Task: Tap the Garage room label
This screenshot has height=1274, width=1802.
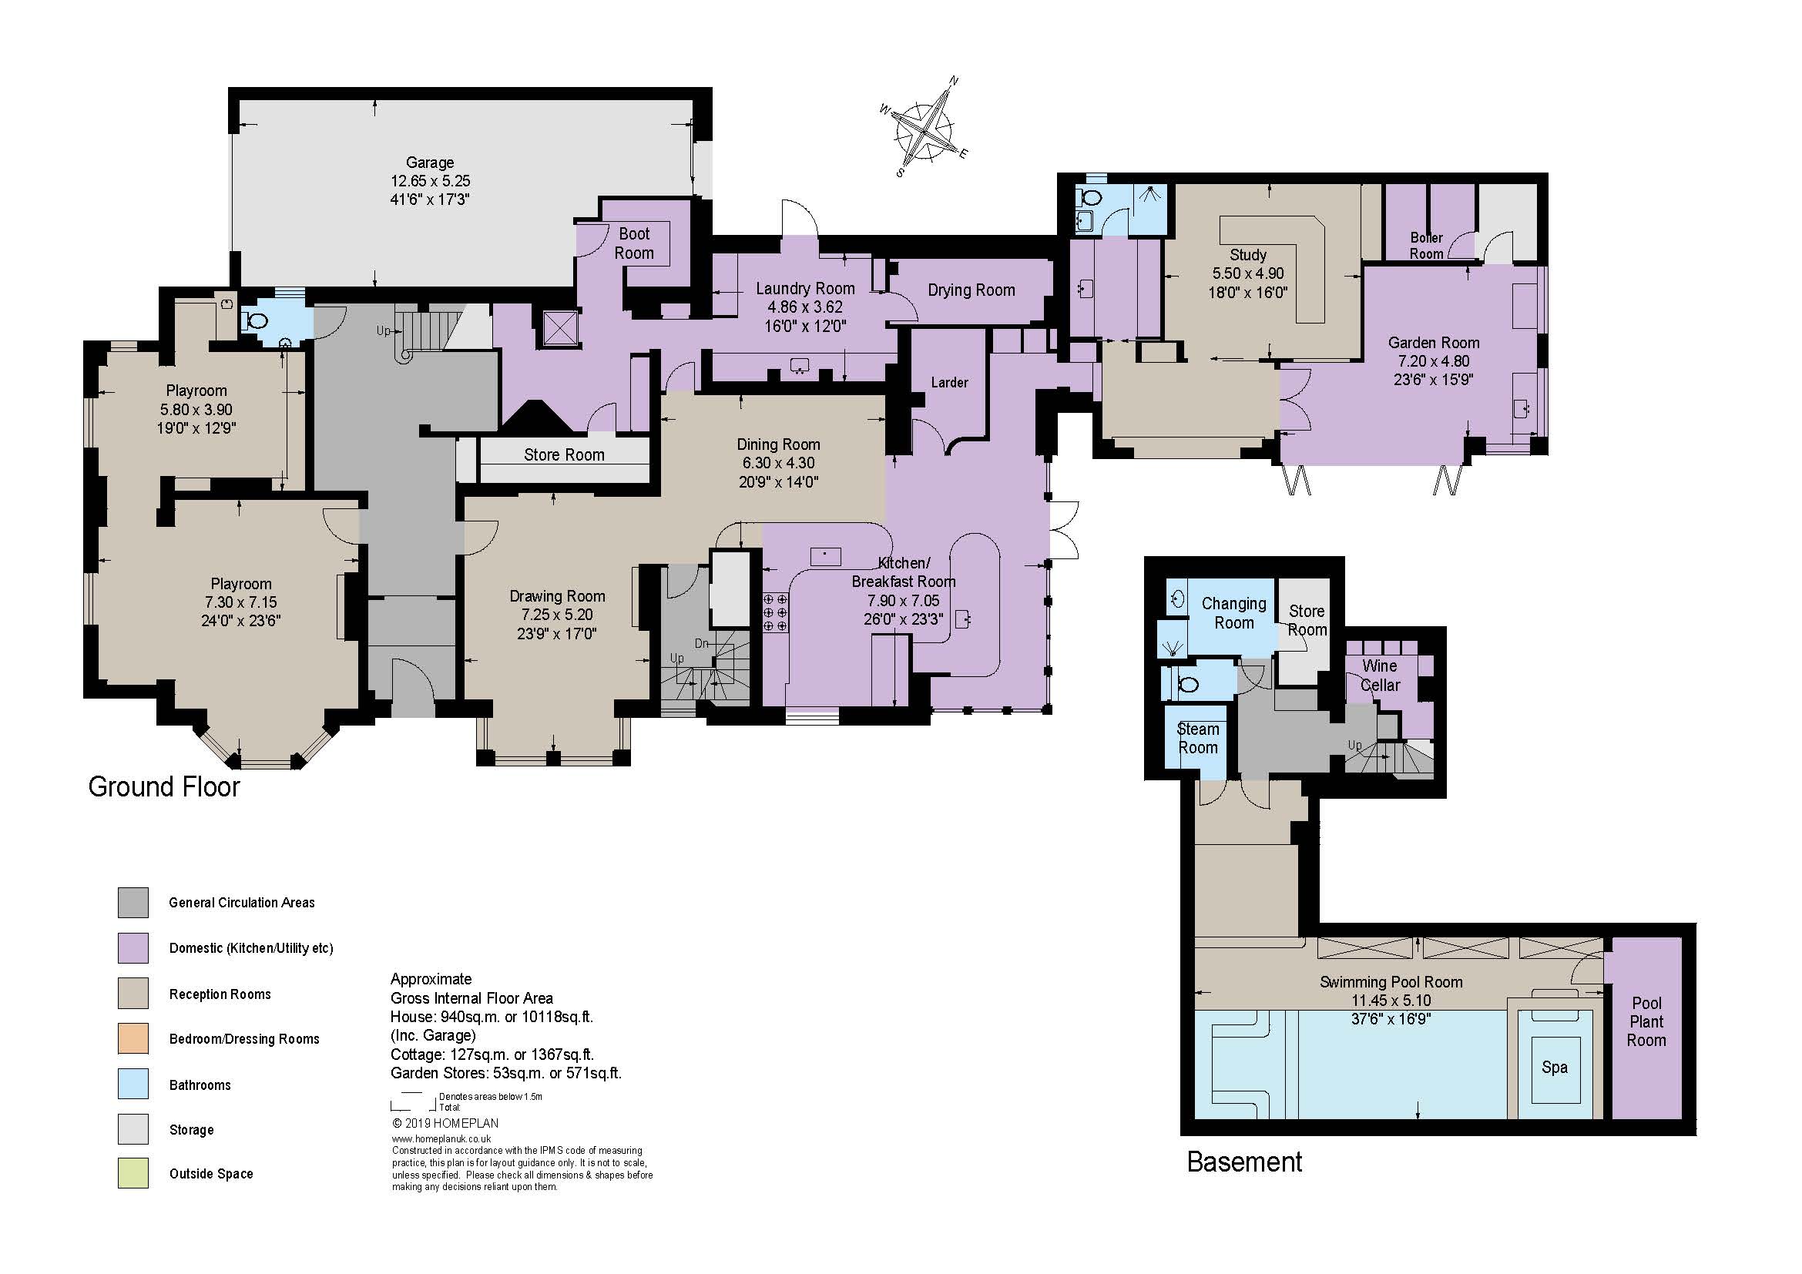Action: tap(430, 163)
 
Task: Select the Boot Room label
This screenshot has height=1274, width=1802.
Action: tap(634, 243)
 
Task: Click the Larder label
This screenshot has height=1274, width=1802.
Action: tap(950, 382)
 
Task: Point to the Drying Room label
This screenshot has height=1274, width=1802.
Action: tap(971, 290)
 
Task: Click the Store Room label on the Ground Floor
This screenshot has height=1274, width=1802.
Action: tap(564, 455)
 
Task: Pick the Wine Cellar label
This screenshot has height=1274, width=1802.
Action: tap(1380, 676)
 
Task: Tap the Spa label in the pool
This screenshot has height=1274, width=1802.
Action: tap(1555, 1068)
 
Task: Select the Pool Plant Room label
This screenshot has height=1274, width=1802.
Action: tap(1646, 1021)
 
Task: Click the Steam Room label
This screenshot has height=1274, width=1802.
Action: tap(1199, 738)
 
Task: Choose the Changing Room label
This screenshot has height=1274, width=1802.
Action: tap(1233, 613)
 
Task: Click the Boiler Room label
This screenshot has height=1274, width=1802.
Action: tap(1426, 246)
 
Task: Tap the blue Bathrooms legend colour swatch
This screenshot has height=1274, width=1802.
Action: tap(133, 1085)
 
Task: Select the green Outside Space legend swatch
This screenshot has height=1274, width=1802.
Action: tap(133, 1174)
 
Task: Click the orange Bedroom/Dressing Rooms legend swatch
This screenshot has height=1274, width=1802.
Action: tap(133, 1038)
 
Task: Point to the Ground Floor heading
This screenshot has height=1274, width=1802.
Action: tap(164, 787)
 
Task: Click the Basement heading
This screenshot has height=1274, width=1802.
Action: tap(1245, 1162)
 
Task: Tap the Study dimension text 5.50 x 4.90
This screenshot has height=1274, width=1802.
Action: tap(1248, 273)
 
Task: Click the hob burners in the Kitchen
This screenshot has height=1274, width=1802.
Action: tap(776, 612)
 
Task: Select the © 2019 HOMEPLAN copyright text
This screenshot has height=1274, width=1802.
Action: tap(445, 1123)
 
